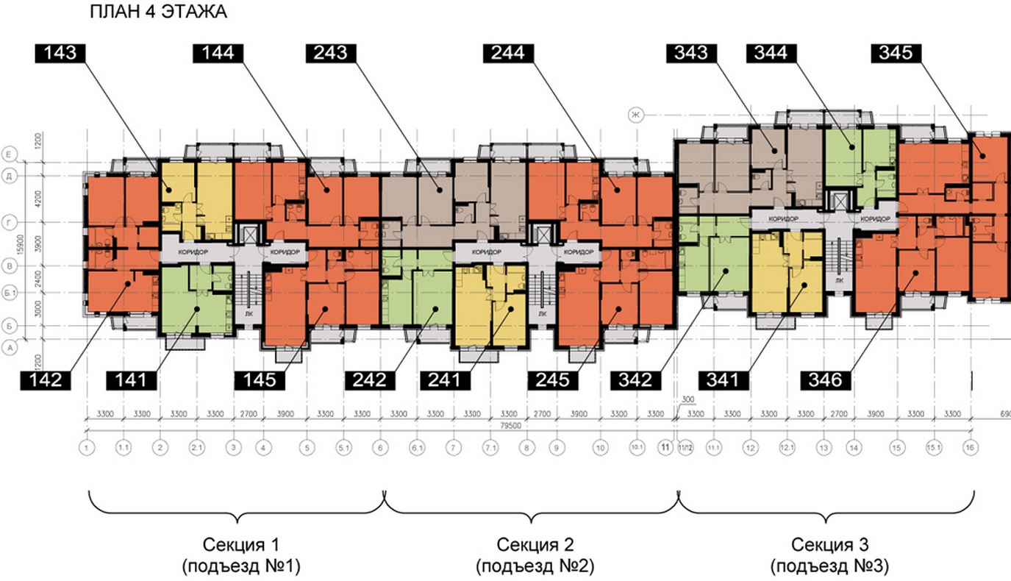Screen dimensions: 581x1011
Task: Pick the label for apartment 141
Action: click(x=135, y=380)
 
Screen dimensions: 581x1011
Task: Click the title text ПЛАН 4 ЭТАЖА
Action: click(x=158, y=13)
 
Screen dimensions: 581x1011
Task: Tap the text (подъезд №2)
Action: click(x=535, y=567)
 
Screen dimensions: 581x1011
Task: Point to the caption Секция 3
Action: click(x=830, y=545)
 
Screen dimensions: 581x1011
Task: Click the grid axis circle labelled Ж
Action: click(x=635, y=114)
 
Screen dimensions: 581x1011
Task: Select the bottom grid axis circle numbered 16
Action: click(x=971, y=447)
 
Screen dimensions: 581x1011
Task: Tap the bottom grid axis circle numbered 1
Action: click(x=87, y=447)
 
